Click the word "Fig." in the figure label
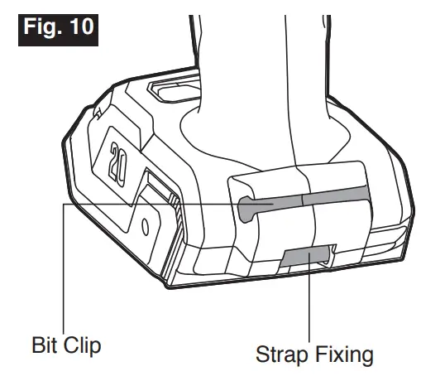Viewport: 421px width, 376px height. pos(43,27)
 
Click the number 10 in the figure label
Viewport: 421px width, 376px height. pos(82,27)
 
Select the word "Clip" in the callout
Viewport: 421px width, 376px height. pos(83,345)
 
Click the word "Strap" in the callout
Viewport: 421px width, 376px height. pos(282,355)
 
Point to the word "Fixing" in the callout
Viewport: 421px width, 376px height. pos(344,354)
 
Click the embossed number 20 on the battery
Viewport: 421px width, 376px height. pos(118,164)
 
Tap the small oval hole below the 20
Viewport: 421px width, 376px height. pos(146,226)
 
